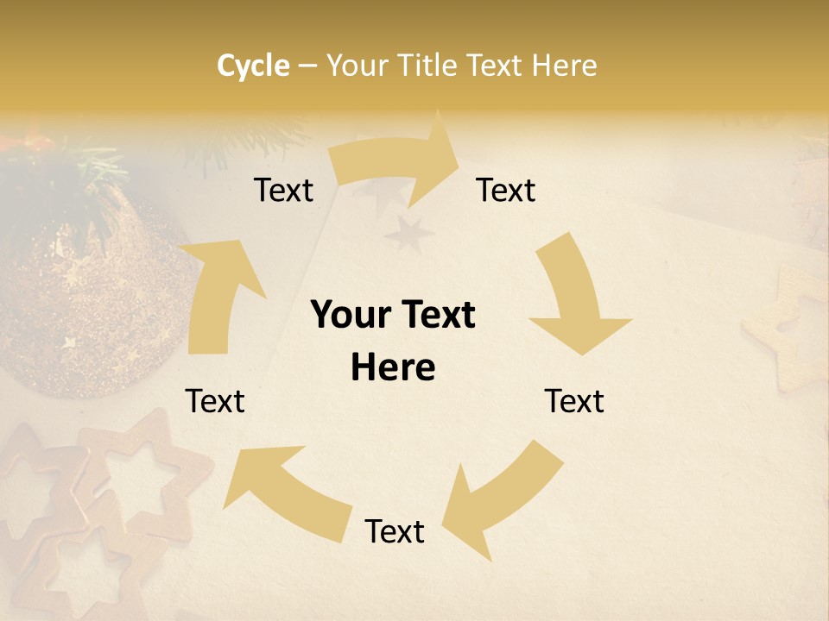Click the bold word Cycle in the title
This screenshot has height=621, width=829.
[253, 66]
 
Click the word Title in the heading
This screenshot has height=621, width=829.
[428, 66]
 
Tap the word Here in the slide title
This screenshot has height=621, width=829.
[564, 66]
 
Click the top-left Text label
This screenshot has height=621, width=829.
[283, 191]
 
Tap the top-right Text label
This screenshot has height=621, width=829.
[506, 191]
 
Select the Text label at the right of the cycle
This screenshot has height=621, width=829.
[574, 402]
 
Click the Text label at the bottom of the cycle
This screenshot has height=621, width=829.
[395, 532]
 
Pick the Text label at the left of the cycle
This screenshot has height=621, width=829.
[215, 402]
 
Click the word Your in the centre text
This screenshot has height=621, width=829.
[349, 316]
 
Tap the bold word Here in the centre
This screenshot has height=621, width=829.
[393, 368]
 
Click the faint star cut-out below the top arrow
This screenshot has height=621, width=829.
[408, 235]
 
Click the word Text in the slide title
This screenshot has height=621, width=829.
[495, 66]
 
